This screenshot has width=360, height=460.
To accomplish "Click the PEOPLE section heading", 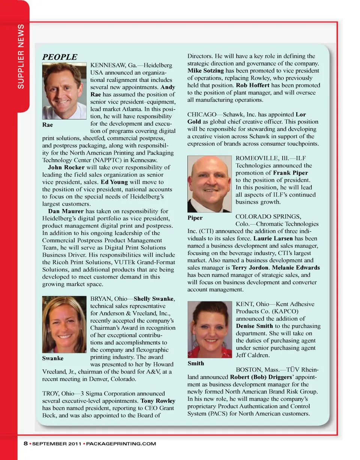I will coord(60,57).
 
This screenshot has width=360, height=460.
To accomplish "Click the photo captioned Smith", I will coord(210,329).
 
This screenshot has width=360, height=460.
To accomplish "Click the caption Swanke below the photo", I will coord(53,358).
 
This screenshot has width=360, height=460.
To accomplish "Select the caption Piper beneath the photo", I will coord(195,217).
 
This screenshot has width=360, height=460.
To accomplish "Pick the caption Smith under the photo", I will coord(196,363).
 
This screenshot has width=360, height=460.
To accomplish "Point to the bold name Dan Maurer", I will coord(66,211).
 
